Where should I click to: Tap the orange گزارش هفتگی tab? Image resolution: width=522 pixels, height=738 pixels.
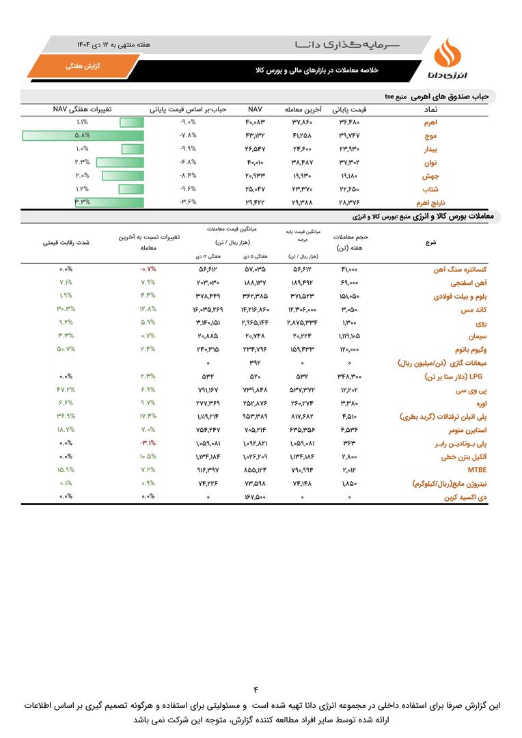tap(83, 66)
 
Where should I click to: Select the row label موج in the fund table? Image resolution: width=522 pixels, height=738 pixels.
tap(431, 135)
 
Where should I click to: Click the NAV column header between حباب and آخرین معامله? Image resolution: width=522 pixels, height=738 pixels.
tap(256, 109)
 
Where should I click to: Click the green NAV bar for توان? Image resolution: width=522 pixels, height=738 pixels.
tap(120, 162)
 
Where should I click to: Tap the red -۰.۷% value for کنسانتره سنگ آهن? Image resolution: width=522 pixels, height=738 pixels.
tap(148, 269)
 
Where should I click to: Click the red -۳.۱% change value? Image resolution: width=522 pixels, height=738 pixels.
tap(148, 443)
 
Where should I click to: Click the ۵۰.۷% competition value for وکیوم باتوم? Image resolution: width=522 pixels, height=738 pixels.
tap(66, 349)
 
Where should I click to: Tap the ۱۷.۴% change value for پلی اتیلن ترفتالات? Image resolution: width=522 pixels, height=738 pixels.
tap(148, 416)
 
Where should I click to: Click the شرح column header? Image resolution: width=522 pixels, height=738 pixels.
tap(430, 242)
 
